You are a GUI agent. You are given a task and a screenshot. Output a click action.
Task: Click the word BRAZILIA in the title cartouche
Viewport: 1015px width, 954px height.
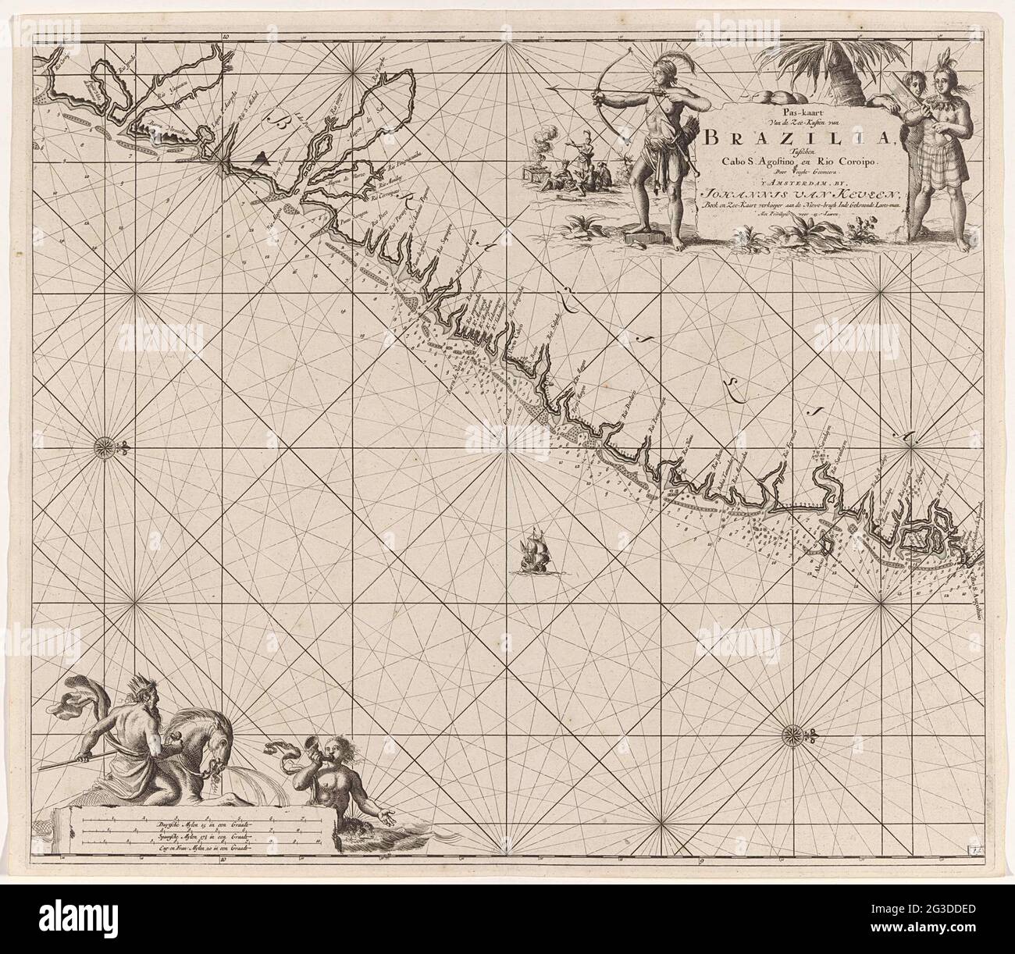(781, 138)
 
